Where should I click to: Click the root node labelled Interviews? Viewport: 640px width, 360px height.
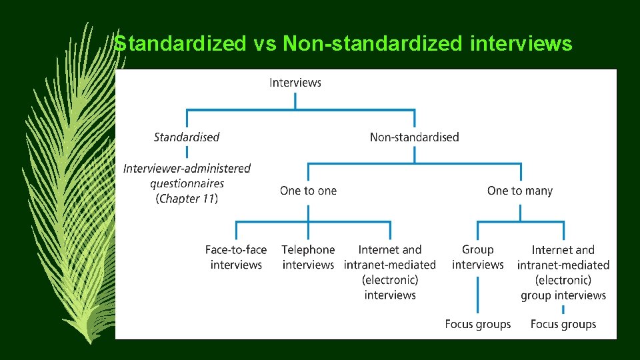(295, 83)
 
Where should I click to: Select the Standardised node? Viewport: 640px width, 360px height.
(187, 137)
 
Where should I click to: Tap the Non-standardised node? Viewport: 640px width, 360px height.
(414, 137)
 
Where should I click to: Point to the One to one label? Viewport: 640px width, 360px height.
(308, 191)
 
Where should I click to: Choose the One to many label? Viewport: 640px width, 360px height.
(520, 191)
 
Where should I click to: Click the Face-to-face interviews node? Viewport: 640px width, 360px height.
(236, 257)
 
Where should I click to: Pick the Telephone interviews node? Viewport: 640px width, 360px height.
(308, 257)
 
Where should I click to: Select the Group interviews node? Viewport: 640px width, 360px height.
(478, 257)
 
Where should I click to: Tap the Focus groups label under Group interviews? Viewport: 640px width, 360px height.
(478, 325)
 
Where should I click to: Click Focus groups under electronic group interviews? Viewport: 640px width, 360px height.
(563, 325)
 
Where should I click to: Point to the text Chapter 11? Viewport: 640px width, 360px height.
(187, 199)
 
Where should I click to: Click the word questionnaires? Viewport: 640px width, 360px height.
(187, 183)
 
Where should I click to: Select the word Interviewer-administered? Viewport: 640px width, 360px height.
(187, 169)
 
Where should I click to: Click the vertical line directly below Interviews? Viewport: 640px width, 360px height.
(295, 100)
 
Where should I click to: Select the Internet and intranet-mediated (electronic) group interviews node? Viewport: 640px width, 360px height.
(563, 273)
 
